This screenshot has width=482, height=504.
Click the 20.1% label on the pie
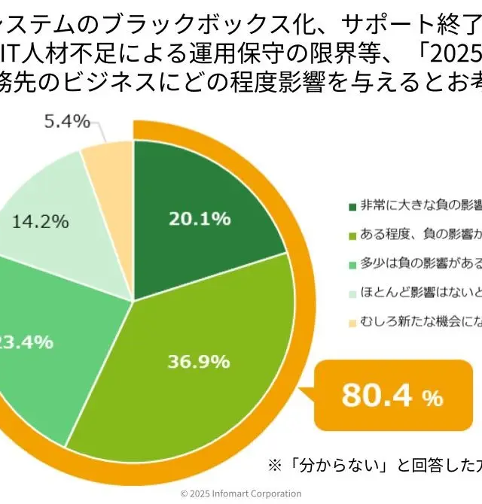click(199, 219)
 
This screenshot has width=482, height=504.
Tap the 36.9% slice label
click(199, 361)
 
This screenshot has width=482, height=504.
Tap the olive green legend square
click(352, 235)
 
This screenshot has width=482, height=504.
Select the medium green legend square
click(352, 265)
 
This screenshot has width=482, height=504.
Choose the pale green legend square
click(352, 293)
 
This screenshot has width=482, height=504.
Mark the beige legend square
click(352, 323)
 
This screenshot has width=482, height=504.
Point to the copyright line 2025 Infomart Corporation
click(241, 493)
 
